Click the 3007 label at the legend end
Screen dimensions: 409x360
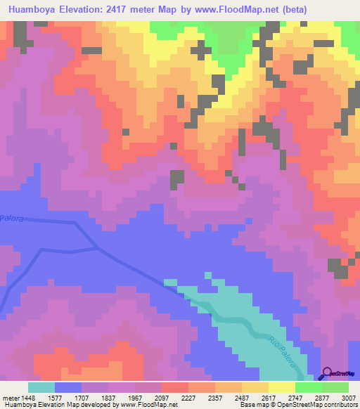click(348, 397)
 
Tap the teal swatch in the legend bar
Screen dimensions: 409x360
click(41, 387)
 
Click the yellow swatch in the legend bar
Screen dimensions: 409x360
click(281, 387)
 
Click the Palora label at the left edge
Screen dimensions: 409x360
click(11, 219)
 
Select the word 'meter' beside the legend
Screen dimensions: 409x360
click(9, 397)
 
